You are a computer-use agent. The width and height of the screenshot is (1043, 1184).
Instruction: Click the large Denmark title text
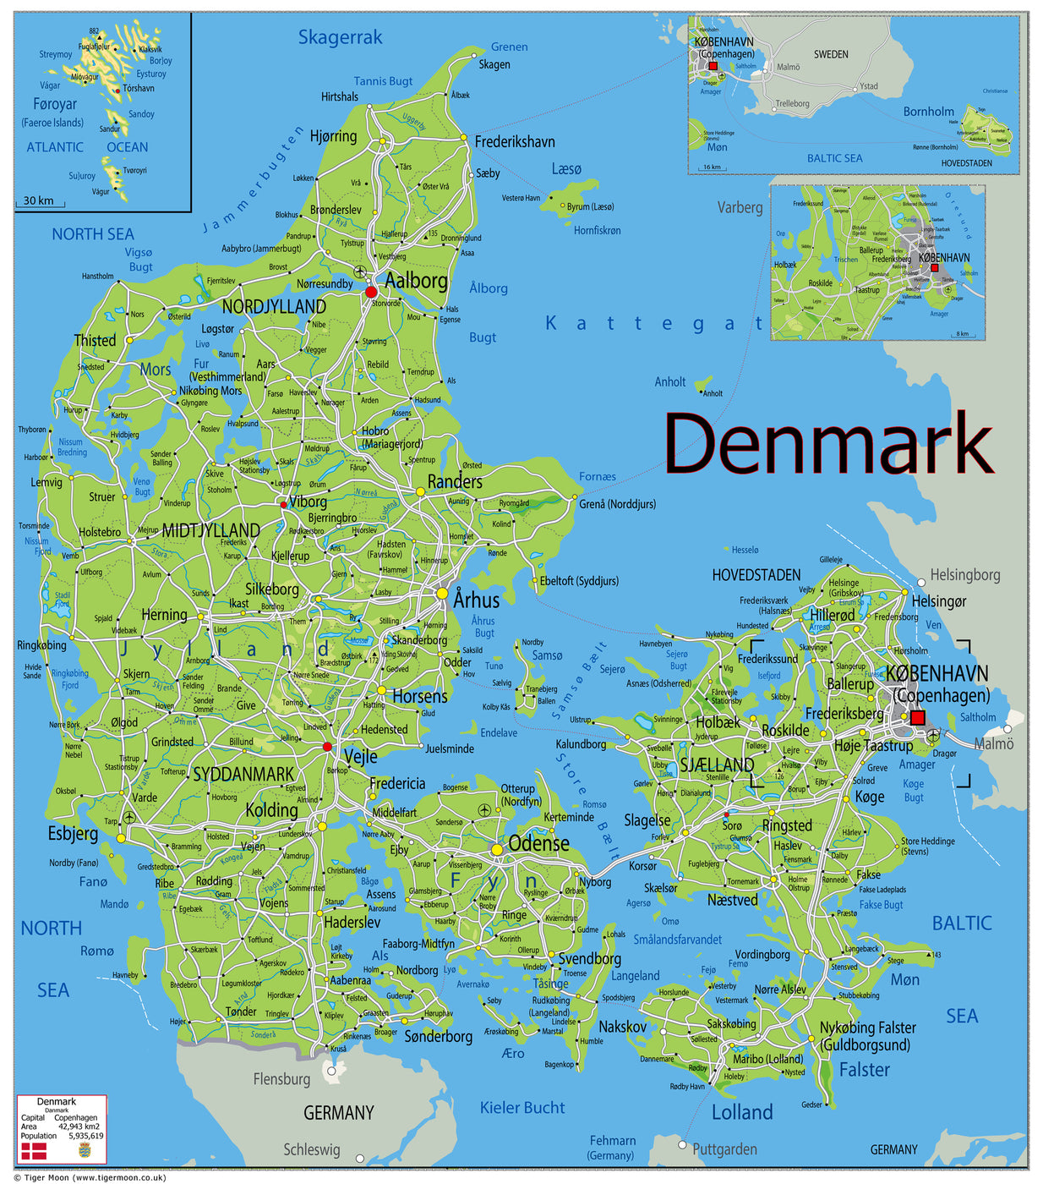click(x=828, y=444)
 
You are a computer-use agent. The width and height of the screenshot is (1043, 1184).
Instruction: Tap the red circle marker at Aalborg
click(x=371, y=292)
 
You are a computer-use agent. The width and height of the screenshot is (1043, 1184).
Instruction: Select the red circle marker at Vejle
click(x=327, y=747)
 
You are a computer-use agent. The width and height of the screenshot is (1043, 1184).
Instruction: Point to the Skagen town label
click(x=494, y=64)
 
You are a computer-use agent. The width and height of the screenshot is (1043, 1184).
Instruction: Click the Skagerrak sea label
click(x=340, y=37)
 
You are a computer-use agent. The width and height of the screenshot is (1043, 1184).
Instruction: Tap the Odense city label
click(x=538, y=844)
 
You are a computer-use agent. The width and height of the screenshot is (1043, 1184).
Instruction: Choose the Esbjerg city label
click(x=73, y=833)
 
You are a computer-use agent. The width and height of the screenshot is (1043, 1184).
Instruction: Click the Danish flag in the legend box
click(x=34, y=1150)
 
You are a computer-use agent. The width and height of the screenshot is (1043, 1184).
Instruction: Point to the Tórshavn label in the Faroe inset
click(x=139, y=88)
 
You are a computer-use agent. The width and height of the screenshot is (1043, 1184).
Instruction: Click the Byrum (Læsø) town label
click(x=590, y=206)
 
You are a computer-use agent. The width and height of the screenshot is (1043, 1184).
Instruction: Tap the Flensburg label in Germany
click(x=281, y=1078)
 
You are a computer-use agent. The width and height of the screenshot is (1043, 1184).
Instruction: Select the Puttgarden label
click(x=724, y=1148)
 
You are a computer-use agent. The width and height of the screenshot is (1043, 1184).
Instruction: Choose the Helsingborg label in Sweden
click(x=964, y=575)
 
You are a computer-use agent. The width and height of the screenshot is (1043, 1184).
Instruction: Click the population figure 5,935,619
click(x=86, y=1136)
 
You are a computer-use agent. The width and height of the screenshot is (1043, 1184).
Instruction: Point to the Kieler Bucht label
click(x=521, y=1107)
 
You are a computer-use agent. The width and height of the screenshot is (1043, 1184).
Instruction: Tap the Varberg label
click(x=740, y=207)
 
